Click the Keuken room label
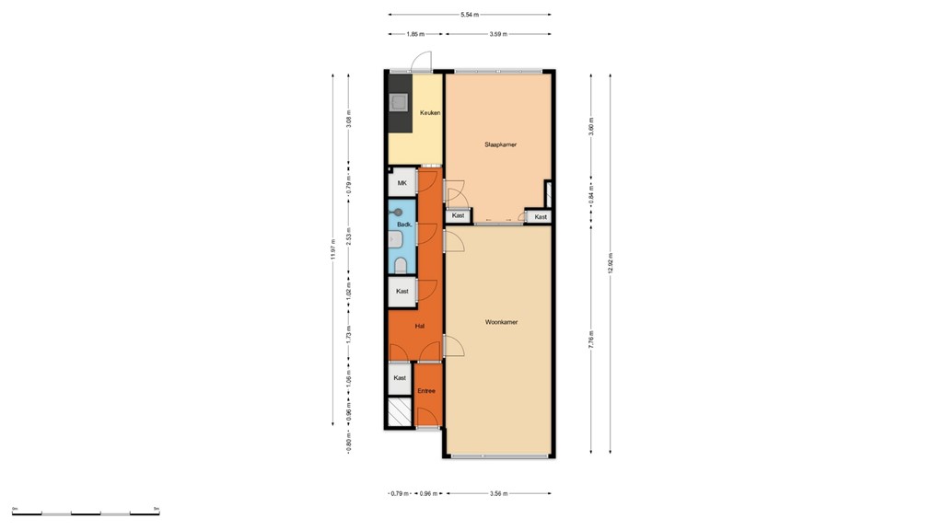pos(430,113)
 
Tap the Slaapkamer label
pos(500,144)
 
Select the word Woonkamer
pos(501,322)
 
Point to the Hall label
pos(420,326)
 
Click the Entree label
pos(425,391)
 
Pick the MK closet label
pos(402,183)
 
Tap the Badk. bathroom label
pos(403,225)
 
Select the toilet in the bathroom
pos(401,266)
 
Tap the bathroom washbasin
pos(394,241)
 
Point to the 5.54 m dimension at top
pos(470,15)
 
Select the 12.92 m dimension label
pos(610,262)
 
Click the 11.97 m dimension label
pos(332,250)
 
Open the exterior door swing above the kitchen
pos(421,63)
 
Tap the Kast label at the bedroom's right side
pos(541,217)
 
